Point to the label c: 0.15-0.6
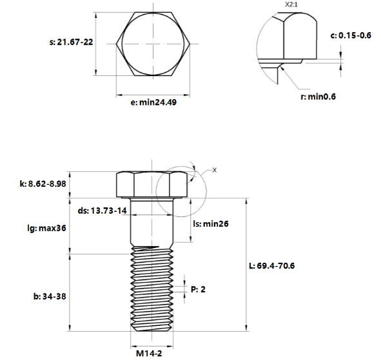350,35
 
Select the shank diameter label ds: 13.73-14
102,211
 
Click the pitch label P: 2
198,290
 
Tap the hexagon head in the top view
153,44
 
